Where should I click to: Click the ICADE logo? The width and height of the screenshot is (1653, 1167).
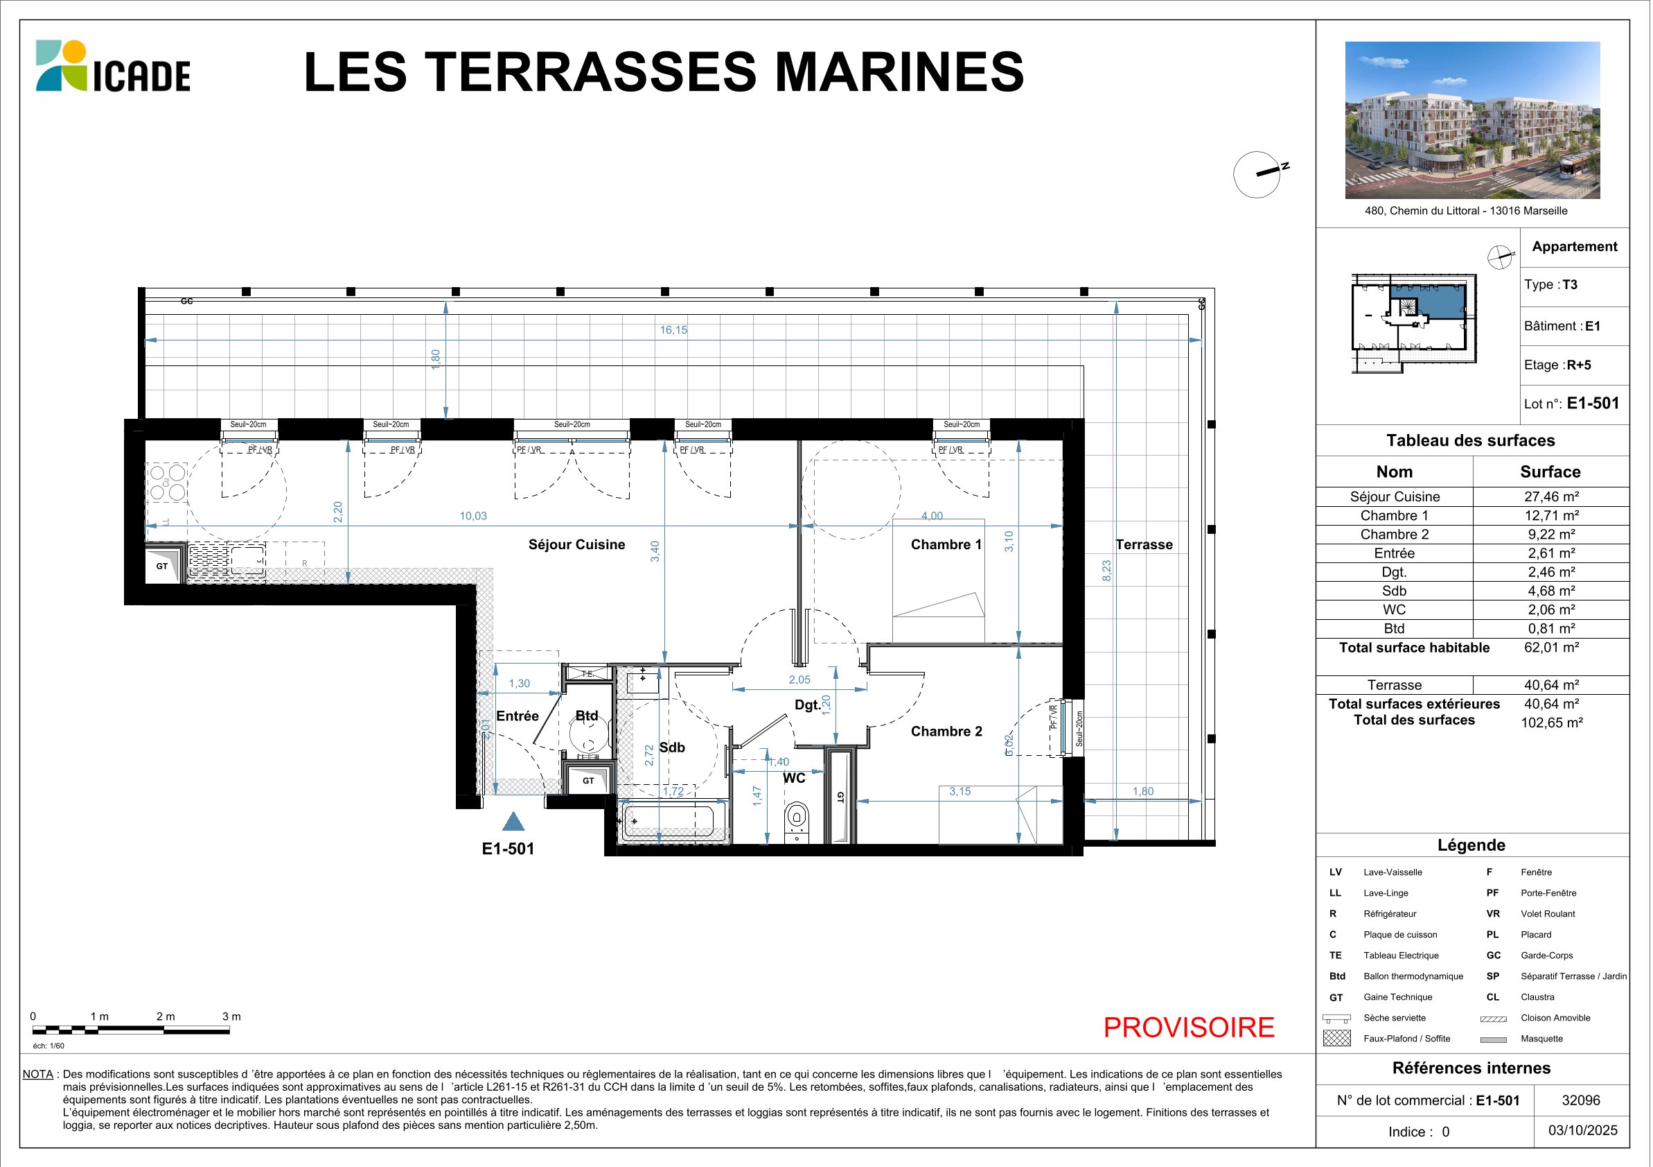113,66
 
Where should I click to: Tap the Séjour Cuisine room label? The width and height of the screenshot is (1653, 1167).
576,544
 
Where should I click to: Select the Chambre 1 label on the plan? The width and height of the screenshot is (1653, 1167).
946,544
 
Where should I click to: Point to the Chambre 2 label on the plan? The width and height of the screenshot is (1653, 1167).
946,731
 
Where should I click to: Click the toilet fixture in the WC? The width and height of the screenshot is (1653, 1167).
796,822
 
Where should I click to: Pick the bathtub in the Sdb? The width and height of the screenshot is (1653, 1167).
668,820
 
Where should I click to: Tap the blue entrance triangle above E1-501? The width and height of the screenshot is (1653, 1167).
513,821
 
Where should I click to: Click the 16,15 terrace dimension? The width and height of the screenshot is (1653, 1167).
673,330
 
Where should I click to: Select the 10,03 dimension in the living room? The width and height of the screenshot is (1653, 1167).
473,516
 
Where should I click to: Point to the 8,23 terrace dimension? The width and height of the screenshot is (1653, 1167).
1106,571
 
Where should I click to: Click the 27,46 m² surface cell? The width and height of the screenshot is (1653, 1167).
1550,496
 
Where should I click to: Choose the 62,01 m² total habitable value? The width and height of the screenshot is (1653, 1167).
1550,647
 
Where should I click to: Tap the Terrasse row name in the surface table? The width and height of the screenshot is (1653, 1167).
1394,685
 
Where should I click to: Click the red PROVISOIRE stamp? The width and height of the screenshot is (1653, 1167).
1189,1027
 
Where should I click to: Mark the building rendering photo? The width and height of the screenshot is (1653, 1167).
1472,119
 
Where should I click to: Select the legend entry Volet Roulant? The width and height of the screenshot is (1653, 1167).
1548,913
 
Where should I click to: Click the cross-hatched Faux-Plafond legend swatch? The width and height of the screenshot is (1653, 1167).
1336,1038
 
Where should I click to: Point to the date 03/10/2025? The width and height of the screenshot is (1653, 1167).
1582,1130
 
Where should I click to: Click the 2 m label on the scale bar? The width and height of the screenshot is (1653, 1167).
166,1017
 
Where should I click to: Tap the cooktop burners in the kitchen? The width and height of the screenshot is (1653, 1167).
167,483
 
